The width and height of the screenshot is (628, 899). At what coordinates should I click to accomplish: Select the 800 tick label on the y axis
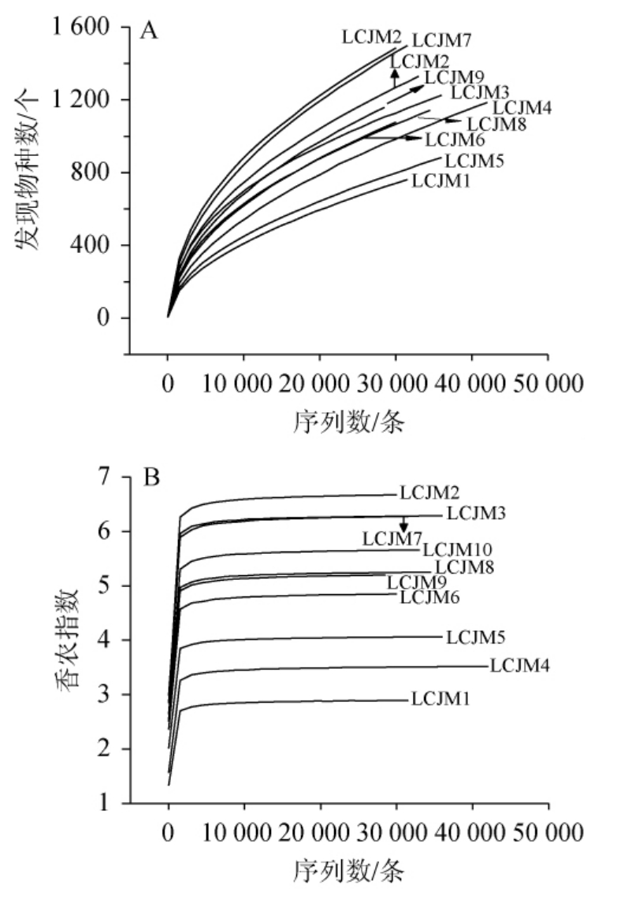[95, 173]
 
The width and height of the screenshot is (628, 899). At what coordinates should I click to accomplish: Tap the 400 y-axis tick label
[95, 246]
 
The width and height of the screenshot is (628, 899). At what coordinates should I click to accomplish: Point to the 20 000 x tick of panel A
[319, 384]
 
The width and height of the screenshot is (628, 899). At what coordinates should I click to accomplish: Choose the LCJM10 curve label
[458, 550]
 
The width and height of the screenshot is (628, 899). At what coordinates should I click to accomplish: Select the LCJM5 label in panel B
[475, 637]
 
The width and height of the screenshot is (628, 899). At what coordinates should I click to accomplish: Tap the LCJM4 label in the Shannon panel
[519, 666]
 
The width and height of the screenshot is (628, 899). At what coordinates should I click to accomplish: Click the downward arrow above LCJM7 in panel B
[403, 525]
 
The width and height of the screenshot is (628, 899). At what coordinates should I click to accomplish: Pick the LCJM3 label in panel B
[475, 514]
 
